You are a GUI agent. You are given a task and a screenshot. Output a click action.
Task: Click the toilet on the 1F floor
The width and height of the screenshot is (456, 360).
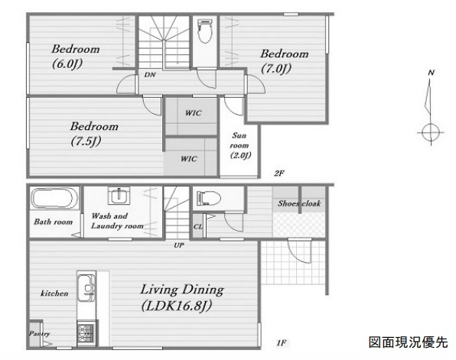click(208, 198)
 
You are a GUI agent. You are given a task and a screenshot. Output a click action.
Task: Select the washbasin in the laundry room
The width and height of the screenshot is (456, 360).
click(119, 196)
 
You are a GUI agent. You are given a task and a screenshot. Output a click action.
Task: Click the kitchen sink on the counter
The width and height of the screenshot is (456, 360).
click(86, 287)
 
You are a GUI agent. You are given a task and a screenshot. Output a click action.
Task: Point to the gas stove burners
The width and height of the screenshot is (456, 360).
click(86, 332)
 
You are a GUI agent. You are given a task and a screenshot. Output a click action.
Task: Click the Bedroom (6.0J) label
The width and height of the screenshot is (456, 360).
click(76, 57)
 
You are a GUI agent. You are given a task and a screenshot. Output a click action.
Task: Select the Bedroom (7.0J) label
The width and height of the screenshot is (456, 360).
click(284, 61)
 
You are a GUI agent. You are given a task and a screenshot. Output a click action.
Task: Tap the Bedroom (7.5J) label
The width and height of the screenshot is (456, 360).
click(94, 134)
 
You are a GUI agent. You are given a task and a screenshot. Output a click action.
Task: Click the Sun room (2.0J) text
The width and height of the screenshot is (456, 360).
click(240, 145)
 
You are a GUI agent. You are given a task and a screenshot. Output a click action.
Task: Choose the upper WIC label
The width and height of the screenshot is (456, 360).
click(194, 113)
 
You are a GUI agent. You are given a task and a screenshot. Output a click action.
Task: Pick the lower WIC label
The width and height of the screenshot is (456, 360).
click(189, 159)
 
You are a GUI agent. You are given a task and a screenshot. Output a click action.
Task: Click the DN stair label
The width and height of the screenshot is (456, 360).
click(150, 75)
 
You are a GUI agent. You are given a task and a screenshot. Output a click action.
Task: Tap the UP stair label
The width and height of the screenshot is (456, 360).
click(179, 245)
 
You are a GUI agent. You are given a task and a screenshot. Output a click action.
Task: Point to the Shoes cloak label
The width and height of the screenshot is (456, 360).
click(299, 203)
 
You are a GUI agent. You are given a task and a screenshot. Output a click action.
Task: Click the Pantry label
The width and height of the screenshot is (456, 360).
click(39, 333)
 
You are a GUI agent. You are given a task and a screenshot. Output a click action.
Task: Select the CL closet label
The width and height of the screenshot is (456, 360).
click(197, 226)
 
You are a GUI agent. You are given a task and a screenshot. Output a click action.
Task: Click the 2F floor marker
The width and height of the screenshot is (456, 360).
click(279, 174)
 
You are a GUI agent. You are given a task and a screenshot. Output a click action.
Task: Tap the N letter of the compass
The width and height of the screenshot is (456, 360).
click(431, 73)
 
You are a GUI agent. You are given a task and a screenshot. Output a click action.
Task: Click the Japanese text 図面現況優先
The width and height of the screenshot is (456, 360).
click(409, 342)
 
